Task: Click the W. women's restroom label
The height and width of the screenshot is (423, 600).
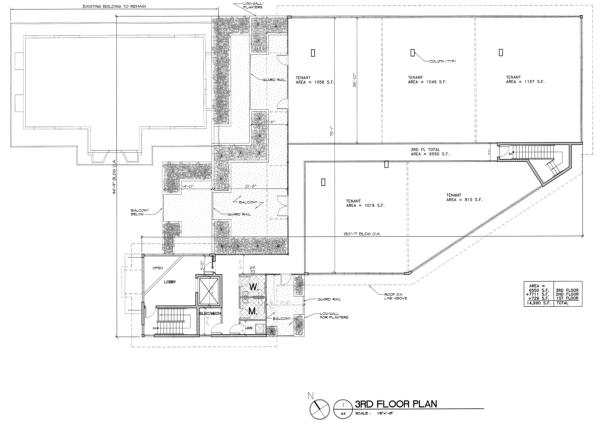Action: point(254,287)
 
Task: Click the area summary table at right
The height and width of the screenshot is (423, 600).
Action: point(553,295)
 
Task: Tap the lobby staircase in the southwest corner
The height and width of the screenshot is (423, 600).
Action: point(165,322)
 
